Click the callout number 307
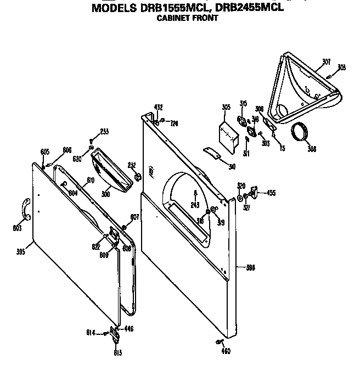point(326,61)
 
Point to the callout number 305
point(226,107)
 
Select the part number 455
point(271,193)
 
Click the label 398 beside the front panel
point(251,268)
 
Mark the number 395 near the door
point(21,253)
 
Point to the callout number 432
point(158,107)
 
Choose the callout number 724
point(174,123)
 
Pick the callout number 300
point(106,194)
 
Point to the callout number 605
point(45,151)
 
